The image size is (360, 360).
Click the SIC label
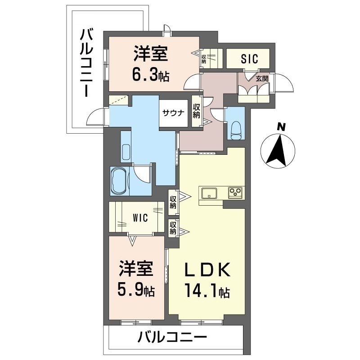click(x=248, y=58)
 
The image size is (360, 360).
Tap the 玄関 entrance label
click(x=262, y=78)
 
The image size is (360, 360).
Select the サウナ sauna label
click(x=173, y=113)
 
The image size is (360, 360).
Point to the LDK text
click(x=208, y=270)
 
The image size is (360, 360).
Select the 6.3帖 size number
click(x=150, y=74)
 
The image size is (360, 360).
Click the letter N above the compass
click(x=281, y=127)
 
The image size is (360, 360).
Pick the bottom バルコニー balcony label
click(x=172, y=336)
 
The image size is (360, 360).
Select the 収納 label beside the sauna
click(x=197, y=111)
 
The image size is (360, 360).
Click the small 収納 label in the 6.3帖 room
click(x=204, y=59)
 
